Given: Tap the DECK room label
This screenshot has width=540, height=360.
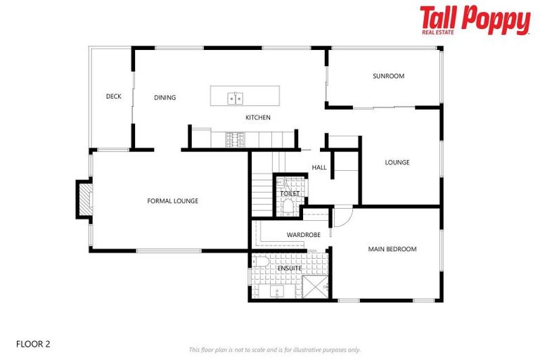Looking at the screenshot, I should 114,96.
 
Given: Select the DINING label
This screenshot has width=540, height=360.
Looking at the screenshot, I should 165,98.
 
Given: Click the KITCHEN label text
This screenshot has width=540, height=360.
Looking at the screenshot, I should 257,117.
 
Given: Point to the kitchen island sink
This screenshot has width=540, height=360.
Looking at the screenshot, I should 235,98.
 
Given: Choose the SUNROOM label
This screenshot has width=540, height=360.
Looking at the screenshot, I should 388,76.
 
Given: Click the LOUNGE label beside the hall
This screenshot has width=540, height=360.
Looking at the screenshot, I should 397,162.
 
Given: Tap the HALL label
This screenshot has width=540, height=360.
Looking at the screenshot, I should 319,167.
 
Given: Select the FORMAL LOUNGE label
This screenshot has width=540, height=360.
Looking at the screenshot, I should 172,201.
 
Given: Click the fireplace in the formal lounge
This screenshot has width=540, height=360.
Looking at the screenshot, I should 84,200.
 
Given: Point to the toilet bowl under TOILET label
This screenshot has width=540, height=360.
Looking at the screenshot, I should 289,206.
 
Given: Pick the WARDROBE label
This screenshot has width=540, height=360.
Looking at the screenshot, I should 304,235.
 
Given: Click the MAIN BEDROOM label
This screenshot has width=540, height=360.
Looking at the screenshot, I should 392,249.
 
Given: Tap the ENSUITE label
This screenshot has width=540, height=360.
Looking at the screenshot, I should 290,269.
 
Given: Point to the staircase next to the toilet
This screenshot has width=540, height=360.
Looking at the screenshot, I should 262,190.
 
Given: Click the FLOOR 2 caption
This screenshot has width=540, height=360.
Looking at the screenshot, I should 33,345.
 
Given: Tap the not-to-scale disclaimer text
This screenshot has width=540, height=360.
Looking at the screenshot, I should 274,349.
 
